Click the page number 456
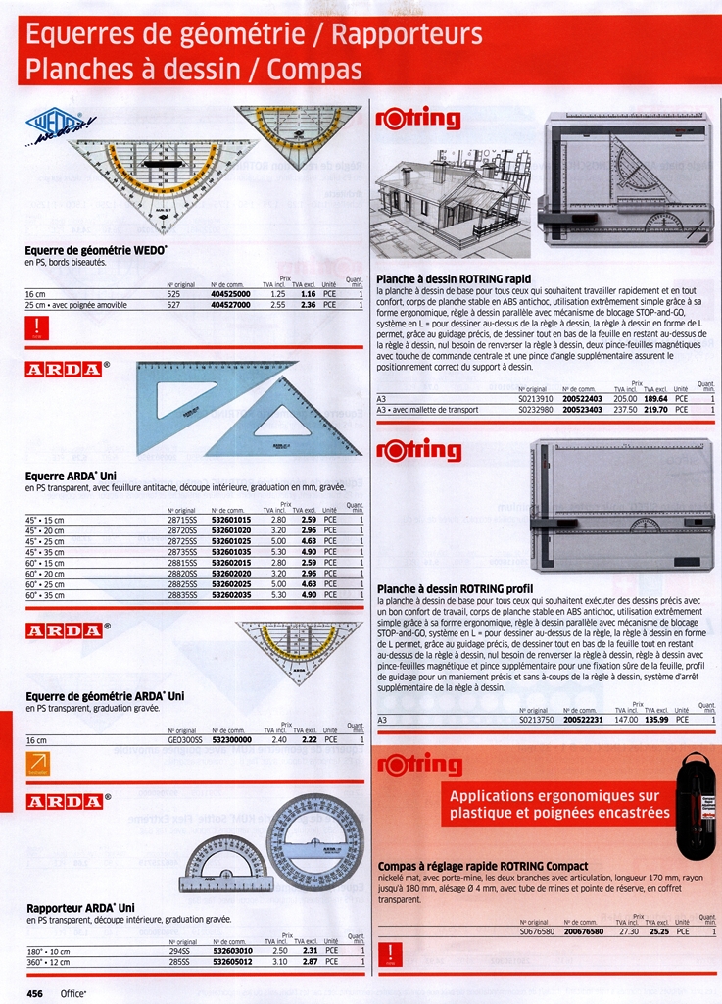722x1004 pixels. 35,992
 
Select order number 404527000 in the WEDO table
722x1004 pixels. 231,305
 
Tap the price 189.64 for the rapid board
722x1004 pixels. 654,399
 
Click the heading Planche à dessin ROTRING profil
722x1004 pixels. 454,588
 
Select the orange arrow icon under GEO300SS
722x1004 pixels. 37,763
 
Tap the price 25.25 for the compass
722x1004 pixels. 658,931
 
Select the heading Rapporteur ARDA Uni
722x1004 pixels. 80,908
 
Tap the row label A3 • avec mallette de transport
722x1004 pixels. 428,409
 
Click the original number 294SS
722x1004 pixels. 179,951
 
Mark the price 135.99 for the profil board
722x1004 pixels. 654,720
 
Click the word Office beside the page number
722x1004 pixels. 73,992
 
